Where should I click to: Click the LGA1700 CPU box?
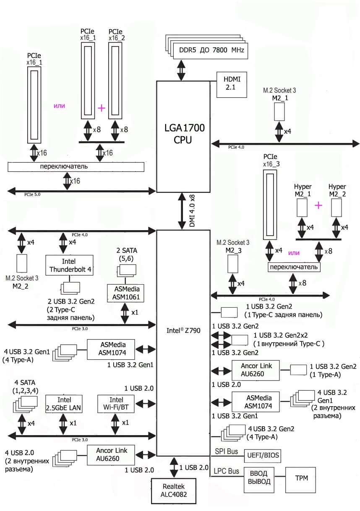183,134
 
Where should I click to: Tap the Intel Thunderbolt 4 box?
69,265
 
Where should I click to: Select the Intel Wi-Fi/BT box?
116,404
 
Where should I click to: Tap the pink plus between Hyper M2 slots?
319,205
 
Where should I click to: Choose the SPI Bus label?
226,451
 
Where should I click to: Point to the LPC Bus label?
227,471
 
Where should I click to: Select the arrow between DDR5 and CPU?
181,70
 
